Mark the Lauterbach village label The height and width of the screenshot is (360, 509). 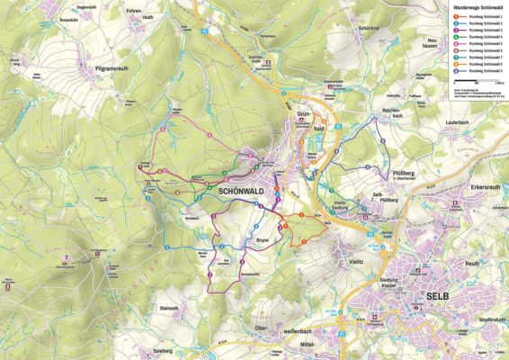(456, 121)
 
